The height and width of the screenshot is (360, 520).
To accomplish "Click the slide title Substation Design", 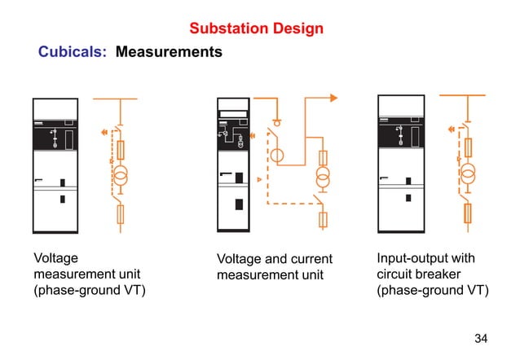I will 256,29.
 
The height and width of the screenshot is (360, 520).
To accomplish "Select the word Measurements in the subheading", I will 169,52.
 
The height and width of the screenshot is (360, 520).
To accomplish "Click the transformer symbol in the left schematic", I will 121,175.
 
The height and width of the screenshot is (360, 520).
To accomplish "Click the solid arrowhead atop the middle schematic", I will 333,99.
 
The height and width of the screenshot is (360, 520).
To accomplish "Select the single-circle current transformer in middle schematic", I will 277,154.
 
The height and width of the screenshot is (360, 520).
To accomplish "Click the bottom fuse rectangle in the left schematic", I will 121,214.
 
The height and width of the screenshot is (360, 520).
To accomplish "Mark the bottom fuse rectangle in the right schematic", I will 468,213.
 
